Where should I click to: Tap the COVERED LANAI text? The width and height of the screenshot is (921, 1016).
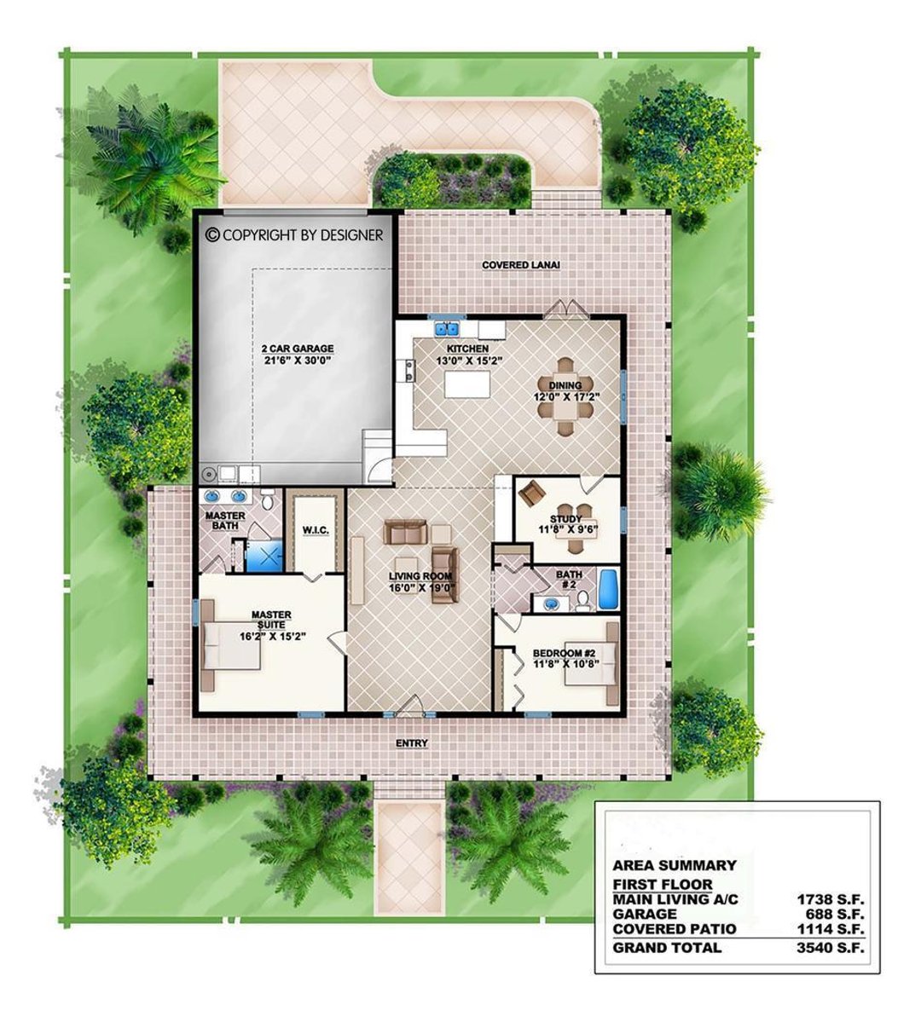coord(521,265)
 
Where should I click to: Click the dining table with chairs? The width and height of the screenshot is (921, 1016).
coord(566,397)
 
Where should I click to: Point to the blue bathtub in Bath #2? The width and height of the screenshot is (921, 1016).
coord(607,591)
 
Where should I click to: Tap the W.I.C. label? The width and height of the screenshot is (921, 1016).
coord(316,531)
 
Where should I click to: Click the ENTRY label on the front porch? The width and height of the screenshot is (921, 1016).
coord(412,744)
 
